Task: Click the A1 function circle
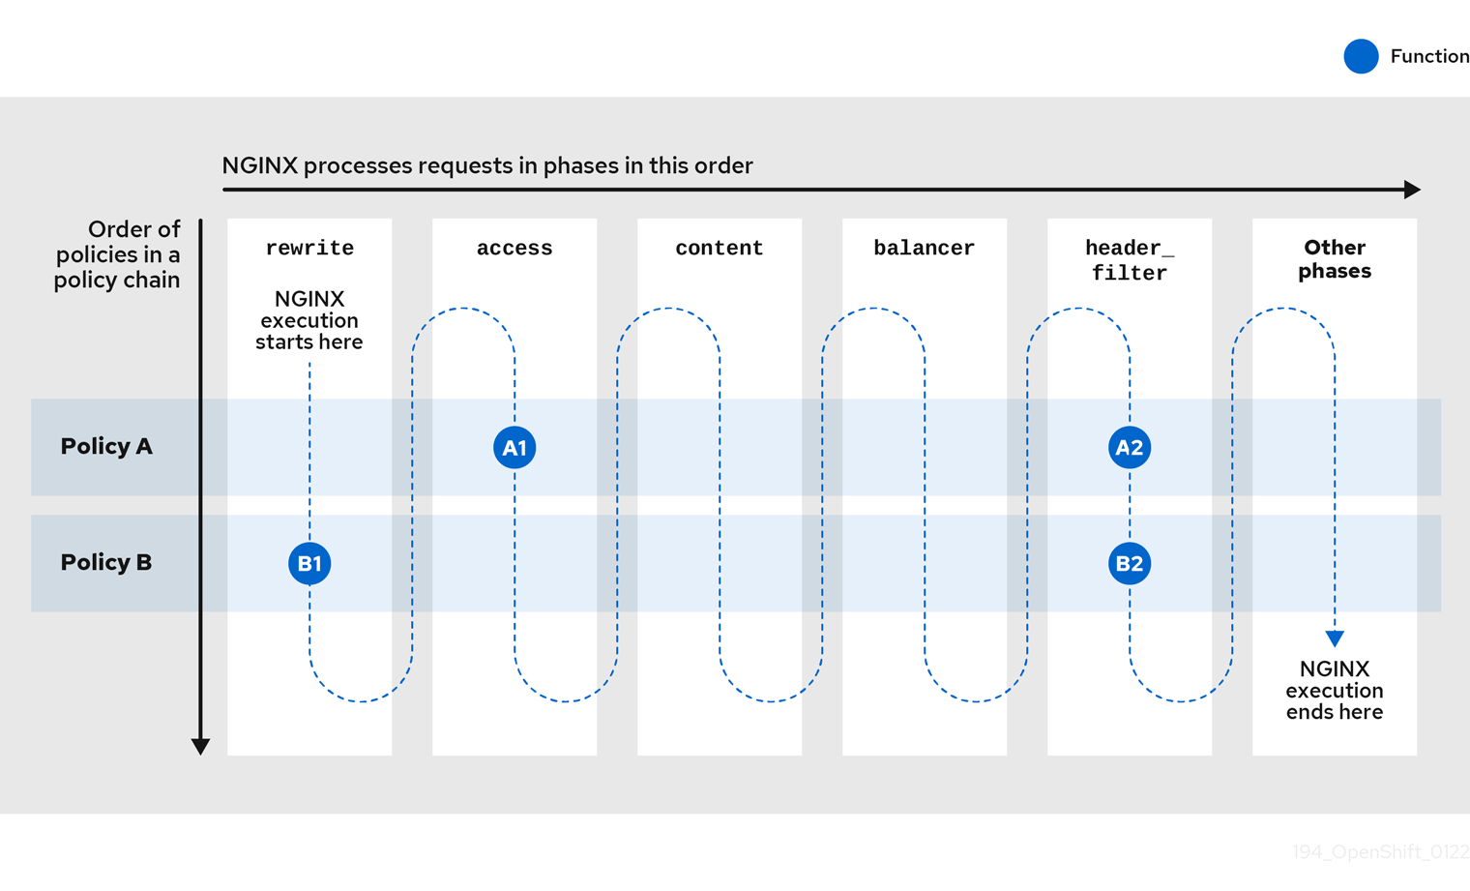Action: tap(514, 448)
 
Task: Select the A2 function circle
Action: tap(1130, 448)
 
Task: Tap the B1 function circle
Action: tap(309, 563)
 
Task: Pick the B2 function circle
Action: tap(1130, 563)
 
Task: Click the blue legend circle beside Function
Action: tap(1361, 56)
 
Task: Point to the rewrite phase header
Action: tap(309, 249)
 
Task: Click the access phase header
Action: tap(514, 249)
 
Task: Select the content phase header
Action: tap(720, 249)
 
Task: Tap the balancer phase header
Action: tap(925, 249)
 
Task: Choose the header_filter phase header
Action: tap(1130, 260)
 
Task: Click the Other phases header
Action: tap(1335, 259)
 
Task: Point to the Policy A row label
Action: tap(106, 447)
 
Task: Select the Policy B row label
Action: tap(106, 563)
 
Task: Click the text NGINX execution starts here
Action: tap(309, 320)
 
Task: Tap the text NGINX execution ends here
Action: tap(1335, 691)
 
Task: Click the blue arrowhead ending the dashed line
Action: tap(1335, 639)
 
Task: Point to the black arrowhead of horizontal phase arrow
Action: tap(1413, 190)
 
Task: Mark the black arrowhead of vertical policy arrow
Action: tap(200, 746)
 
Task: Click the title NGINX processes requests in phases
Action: tap(487, 165)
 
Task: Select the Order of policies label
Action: tap(118, 254)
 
